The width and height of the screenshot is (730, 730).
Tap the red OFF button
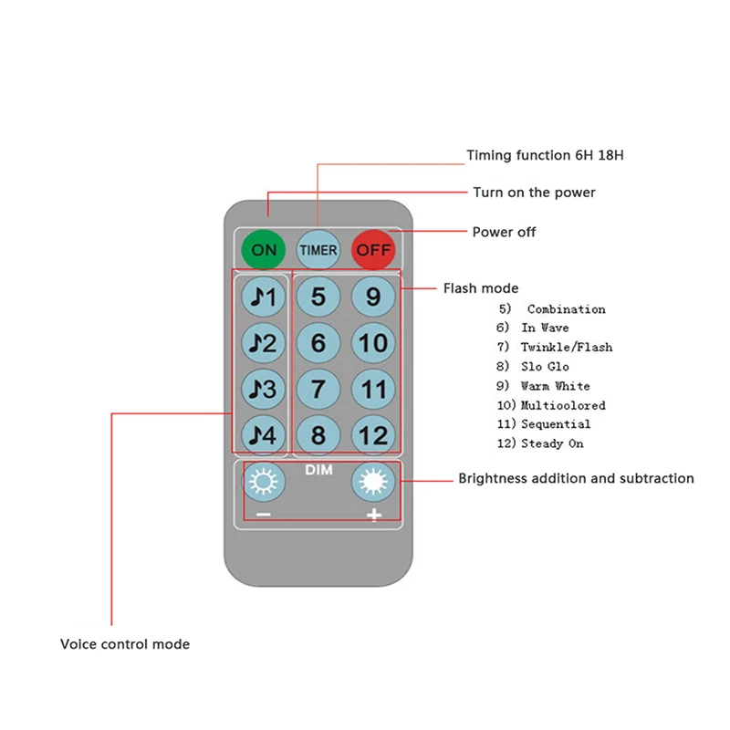[x=373, y=249]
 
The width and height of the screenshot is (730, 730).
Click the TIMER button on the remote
[x=318, y=249]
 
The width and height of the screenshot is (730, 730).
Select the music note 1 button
[x=264, y=296]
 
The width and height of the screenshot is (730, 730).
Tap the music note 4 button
[x=264, y=435]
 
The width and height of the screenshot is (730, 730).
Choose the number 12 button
[x=373, y=435]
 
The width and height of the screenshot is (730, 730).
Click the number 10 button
[x=373, y=343]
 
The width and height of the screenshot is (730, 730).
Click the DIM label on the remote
[x=318, y=470]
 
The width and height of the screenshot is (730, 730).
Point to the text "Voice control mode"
[x=125, y=644]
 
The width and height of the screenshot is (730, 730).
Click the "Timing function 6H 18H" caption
[x=545, y=155]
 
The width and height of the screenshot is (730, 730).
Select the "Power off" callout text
[x=504, y=232]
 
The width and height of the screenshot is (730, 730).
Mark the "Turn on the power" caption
[x=534, y=193]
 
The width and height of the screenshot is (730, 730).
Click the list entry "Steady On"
[x=552, y=443]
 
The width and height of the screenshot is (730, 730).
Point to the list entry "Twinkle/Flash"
[x=566, y=347]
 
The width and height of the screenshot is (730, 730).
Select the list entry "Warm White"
[x=555, y=386]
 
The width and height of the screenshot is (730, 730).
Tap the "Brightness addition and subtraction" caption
[x=576, y=478]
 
